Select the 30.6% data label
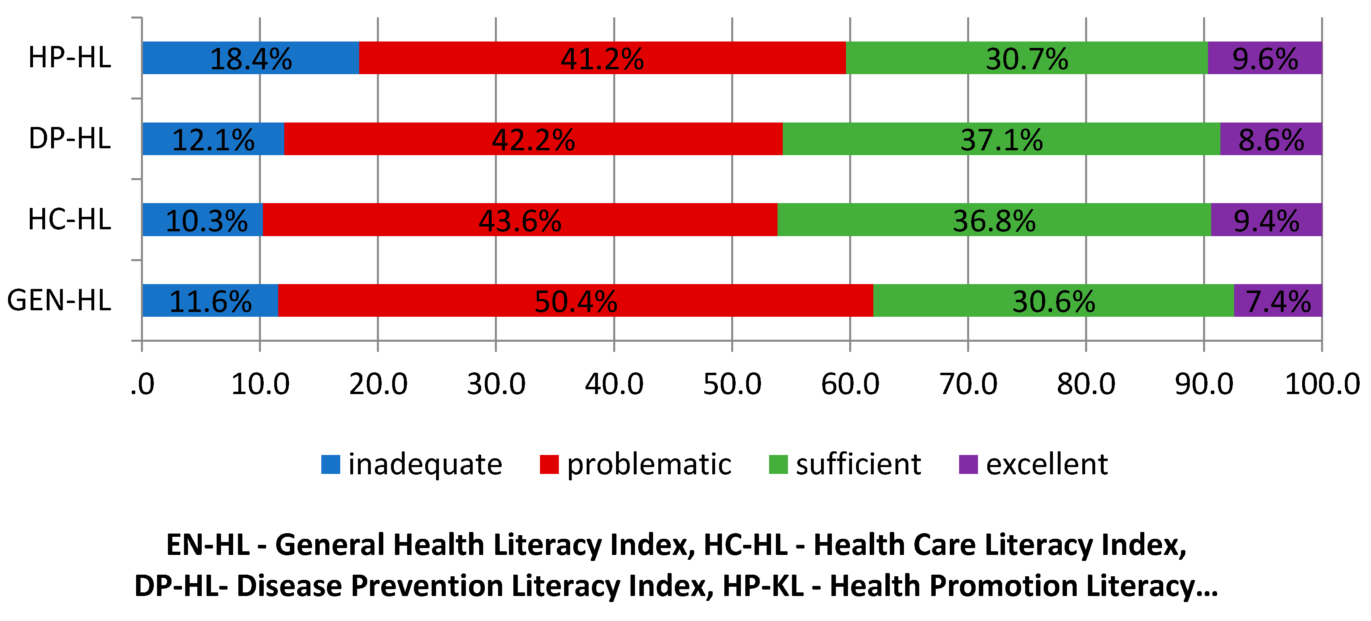coord(1053,301)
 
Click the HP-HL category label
coord(70,58)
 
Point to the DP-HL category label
coord(70,139)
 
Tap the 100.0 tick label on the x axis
coord(1322,384)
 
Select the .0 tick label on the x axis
coord(142,384)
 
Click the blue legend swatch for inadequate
coord(331,464)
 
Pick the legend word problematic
coord(649,464)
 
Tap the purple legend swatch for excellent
coord(968,464)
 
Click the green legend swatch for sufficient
coord(778,464)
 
